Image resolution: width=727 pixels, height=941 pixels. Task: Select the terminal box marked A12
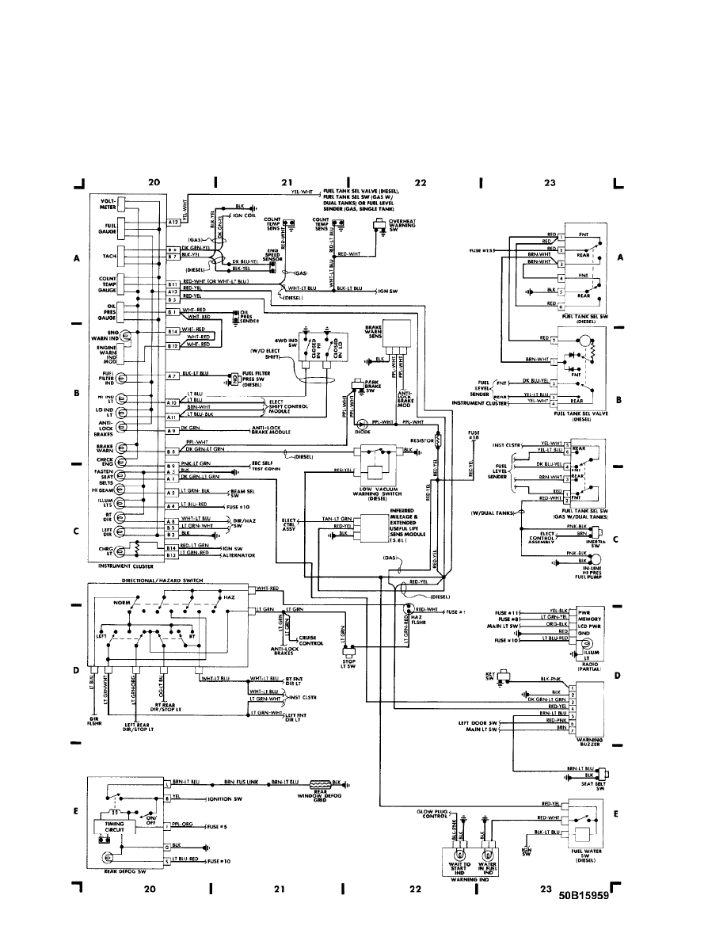click(174, 223)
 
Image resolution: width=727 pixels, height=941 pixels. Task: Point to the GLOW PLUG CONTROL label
click(432, 814)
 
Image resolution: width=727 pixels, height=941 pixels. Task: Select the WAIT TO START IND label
click(460, 870)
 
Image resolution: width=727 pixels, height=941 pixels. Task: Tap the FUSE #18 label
click(474, 434)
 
